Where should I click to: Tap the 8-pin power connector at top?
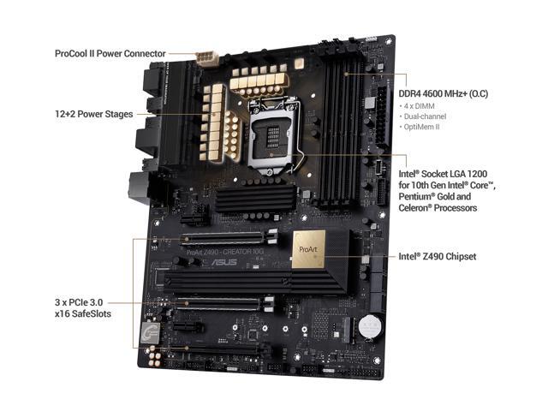point(206,57)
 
